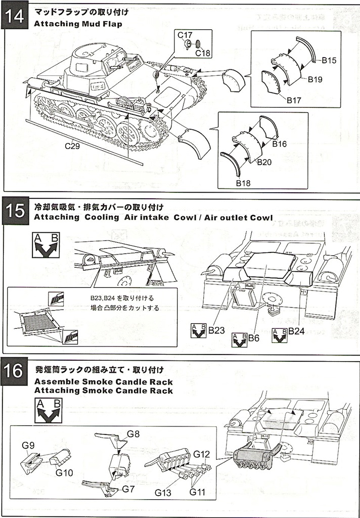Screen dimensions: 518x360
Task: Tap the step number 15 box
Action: coord(15,209)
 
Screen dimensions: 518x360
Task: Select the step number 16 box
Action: coord(15,372)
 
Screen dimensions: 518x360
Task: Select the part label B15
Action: coord(329,60)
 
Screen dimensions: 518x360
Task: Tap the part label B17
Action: coord(294,100)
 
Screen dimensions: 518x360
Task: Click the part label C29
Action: coord(72,146)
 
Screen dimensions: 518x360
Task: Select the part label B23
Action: coord(216,331)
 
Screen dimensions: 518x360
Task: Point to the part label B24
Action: coord(297,331)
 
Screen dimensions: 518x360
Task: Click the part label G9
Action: coord(28,445)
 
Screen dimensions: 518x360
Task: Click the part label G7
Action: coord(128,489)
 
